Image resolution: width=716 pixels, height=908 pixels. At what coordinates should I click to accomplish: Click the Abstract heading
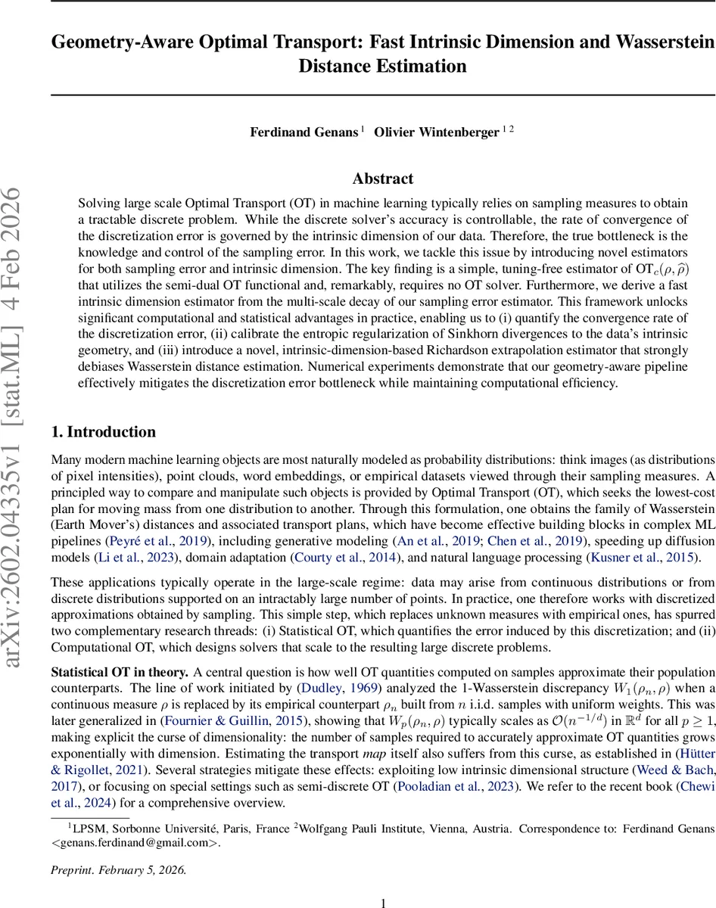383,179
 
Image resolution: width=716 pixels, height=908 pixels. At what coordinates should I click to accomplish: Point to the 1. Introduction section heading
103,432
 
